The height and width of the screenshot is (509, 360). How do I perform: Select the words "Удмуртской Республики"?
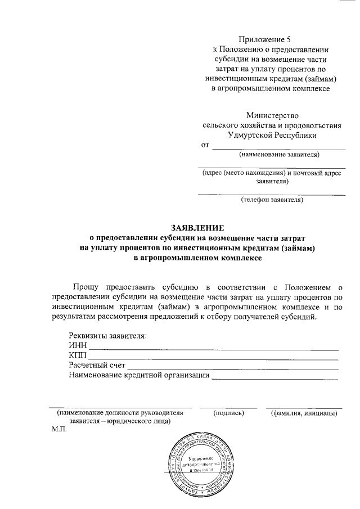[x=272, y=135]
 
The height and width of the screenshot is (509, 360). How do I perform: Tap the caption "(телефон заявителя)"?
[x=272, y=199]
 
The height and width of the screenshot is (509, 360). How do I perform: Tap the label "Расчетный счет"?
[x=96, y=366]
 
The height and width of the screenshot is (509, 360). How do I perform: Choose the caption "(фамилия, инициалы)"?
[x=304, y=413]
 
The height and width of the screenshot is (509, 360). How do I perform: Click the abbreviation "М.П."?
[x=58, y=429]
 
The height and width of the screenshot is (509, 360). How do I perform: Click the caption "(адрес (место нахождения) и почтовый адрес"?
[x=272, y=173]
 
